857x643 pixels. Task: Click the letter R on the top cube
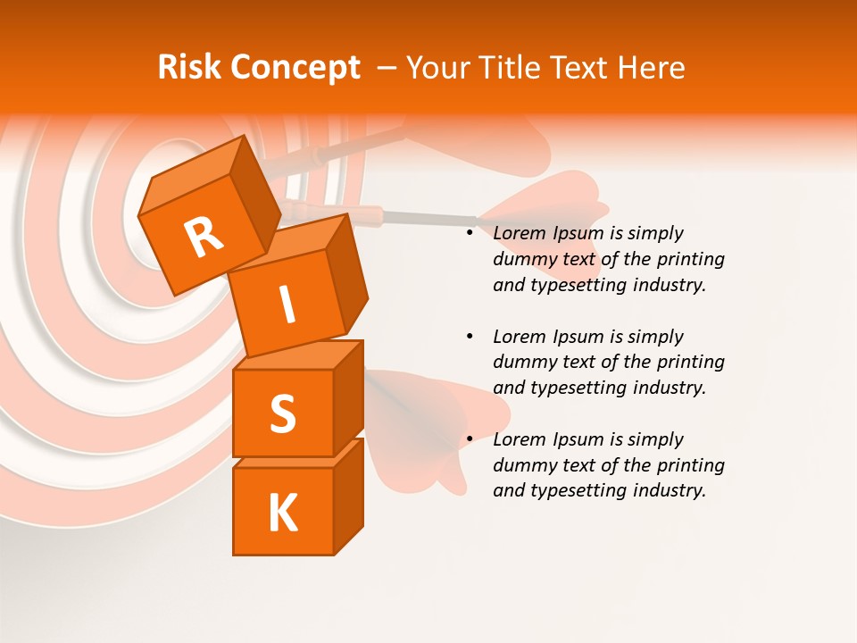click(204, 238)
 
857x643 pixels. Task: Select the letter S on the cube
click(282, 414)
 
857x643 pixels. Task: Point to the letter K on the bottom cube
click(282, 513)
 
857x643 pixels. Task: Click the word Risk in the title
click(189, 68)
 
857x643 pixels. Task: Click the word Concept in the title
click(295, 68)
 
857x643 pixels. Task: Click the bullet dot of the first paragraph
click(470, 233)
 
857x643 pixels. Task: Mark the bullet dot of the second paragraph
click(470, 337)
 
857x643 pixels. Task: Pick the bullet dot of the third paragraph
click(470, 439)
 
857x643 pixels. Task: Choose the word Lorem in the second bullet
click(519, 337)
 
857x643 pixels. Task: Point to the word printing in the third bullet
click(691, 465)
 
